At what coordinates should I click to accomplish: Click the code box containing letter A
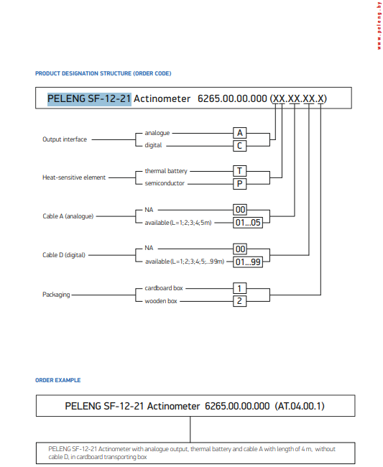tap(241, 133)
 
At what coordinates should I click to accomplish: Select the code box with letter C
tap(241, 145)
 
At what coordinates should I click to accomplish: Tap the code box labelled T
tap(241, 171)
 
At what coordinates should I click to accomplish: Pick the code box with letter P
tap(241, 183)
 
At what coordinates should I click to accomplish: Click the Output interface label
tap(64, 139)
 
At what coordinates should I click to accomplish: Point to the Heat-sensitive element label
tap(74, 177)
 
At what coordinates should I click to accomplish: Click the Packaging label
tap(56, 295)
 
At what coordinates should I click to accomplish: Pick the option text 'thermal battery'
tap(165, 171)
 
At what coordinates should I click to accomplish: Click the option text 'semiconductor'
tap(165, 183)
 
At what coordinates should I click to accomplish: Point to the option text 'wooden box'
tap(161, 300)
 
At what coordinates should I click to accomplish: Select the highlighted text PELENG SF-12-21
tap(89, 98)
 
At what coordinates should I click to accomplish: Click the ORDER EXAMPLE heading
tap(57, 380)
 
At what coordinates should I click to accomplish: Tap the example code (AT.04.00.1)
tap(300, 406)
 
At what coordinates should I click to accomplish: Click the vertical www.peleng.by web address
tap(377, 25)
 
